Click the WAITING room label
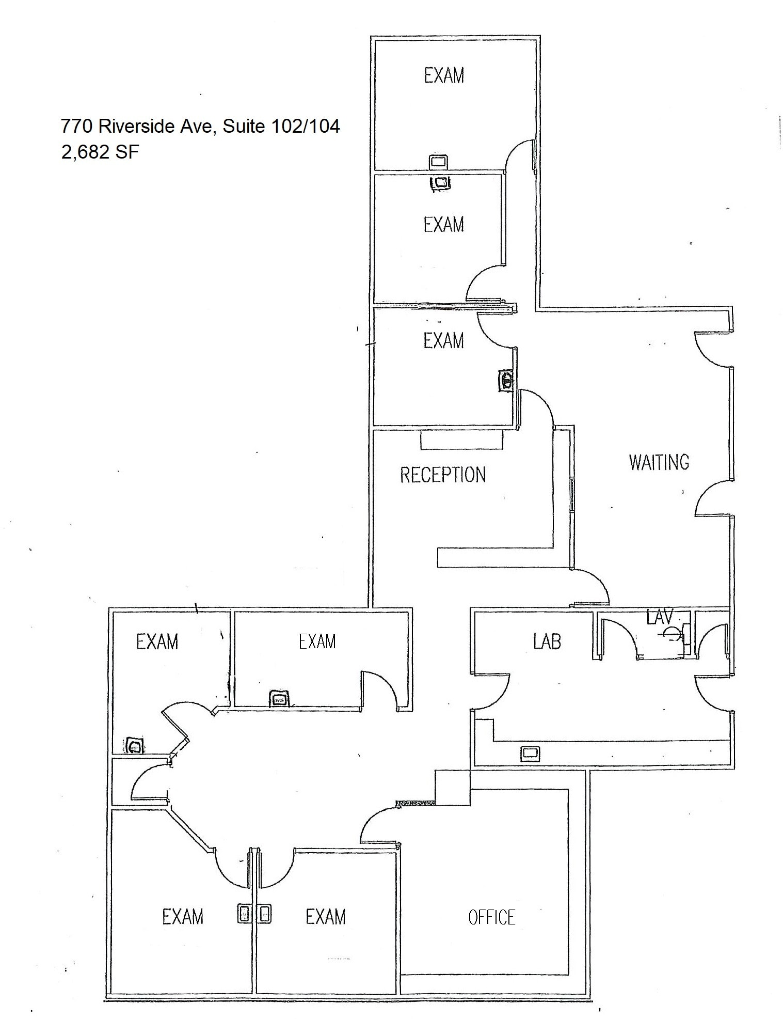659,462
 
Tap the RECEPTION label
443,475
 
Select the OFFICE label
491,917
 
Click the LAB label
547,641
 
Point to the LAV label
660,616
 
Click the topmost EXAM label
444,76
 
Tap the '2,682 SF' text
100,152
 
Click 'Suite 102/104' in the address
281,126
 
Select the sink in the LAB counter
530,753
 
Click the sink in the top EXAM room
438,162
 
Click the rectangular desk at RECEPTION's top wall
461,440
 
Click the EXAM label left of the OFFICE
325,917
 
